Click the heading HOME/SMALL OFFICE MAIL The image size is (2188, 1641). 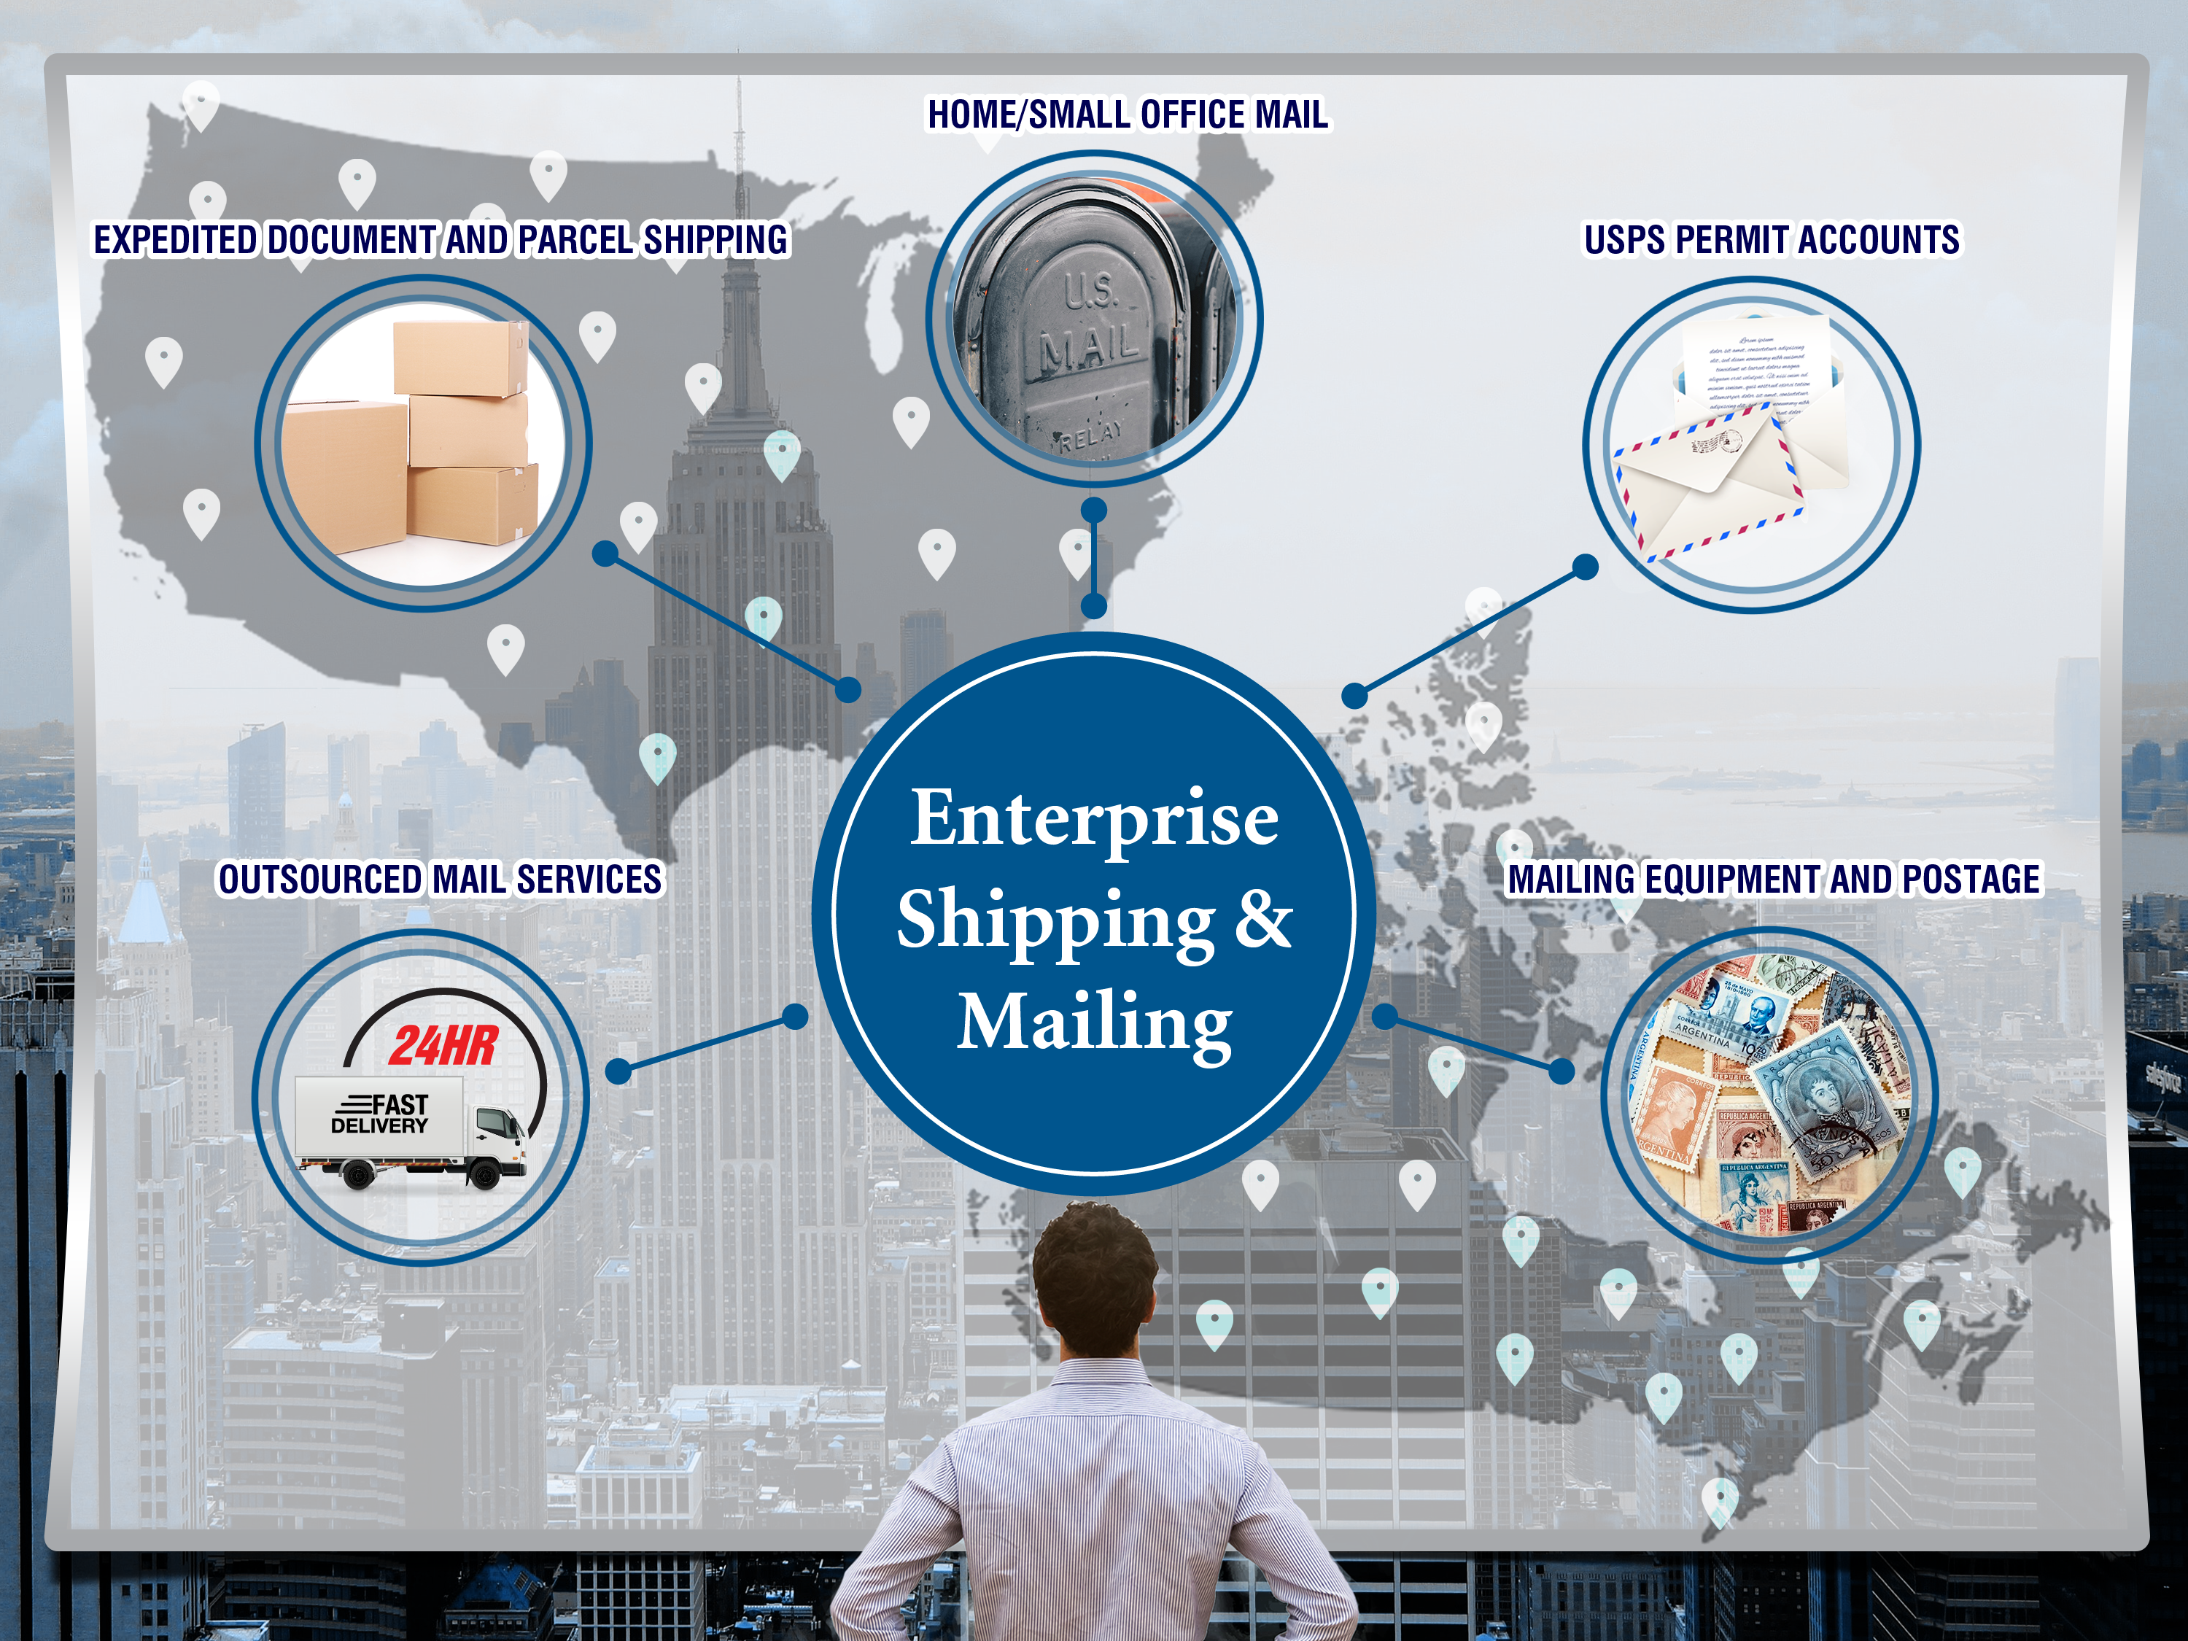coord(1127,115)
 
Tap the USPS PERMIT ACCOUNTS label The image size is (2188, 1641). coord(1771,241)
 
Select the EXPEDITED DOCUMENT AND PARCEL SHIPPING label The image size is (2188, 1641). coord(441,241)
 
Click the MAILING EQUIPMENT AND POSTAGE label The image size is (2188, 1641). coord(1772,880)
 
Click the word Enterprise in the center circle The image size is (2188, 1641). coord(1094,819)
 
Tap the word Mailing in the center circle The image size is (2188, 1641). coord(1094,1022)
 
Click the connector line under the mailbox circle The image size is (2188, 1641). coord(1094,559)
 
